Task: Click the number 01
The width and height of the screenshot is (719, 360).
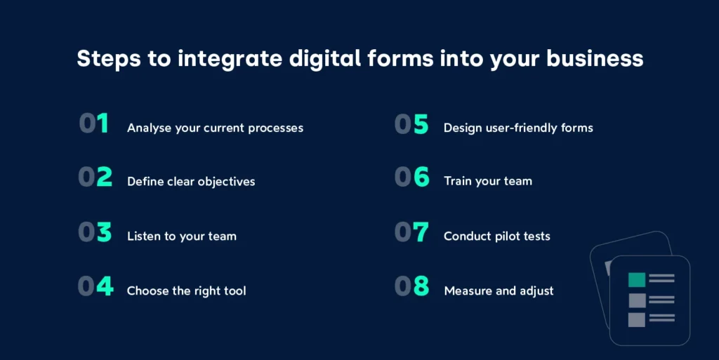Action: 93,124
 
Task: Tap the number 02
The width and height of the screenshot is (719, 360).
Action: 95,178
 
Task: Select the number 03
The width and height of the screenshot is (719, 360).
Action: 95,232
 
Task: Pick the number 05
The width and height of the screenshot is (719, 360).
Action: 411,124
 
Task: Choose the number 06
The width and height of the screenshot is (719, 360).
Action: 411,178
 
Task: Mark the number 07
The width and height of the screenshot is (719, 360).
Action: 411,232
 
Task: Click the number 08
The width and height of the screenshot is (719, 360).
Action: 411,286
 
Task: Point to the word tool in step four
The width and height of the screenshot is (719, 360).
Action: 235,291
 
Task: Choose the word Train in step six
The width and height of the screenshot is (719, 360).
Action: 459,181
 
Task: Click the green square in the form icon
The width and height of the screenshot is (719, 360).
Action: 636,280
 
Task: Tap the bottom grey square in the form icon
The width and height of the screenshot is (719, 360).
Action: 636,319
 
